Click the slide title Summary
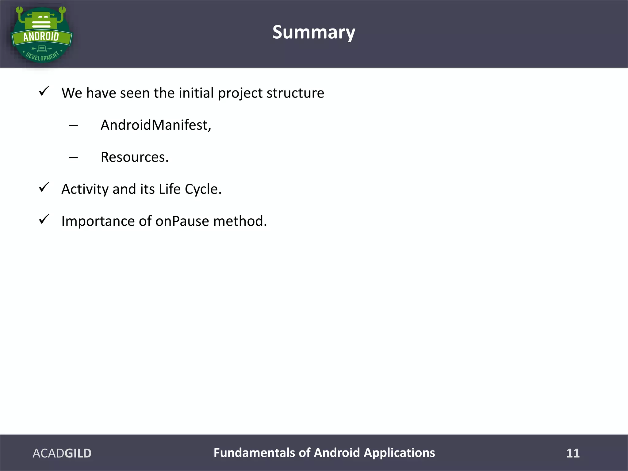[314, 33]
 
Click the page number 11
[572, 453]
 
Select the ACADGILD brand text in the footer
[62, 453]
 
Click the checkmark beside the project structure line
[44, 91]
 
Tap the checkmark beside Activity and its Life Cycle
[44, 187]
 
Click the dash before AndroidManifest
[73, 126]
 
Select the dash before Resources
[73, 158]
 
